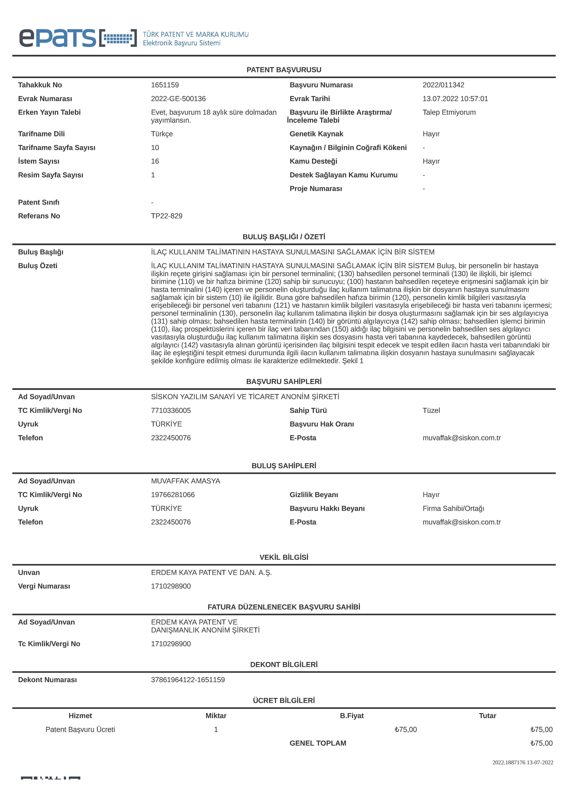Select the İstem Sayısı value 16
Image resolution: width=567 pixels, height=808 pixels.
(155, 161)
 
